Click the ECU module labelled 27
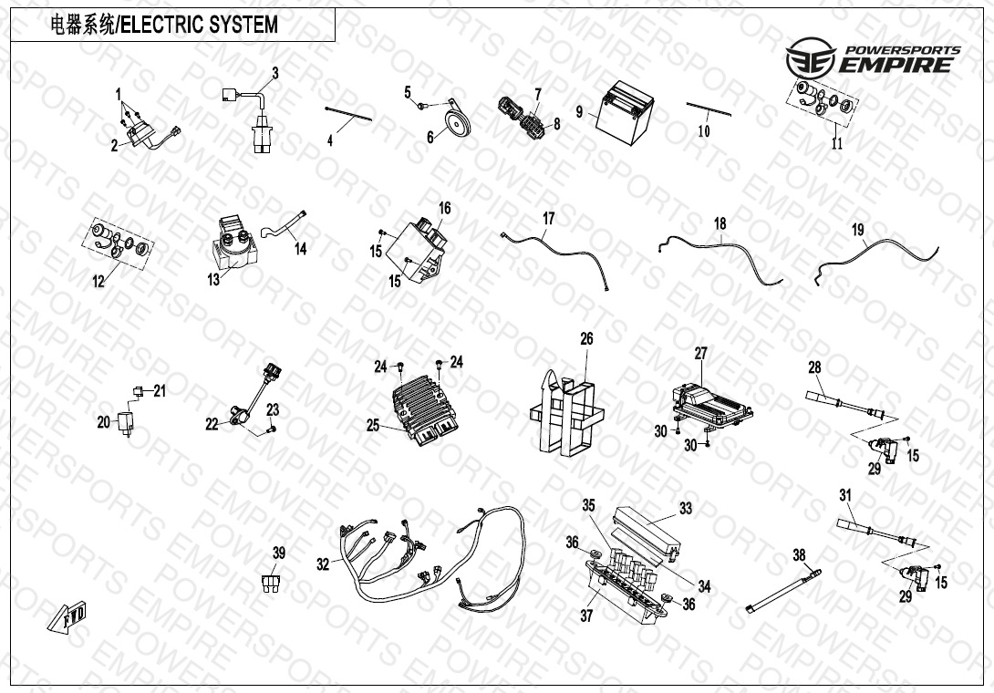(714, 402)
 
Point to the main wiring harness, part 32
(429, 564)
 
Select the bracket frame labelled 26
(565, 411)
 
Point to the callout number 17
(548, 219)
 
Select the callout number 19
(857, 231)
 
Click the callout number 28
(814, 367)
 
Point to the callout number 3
(274, 72)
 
